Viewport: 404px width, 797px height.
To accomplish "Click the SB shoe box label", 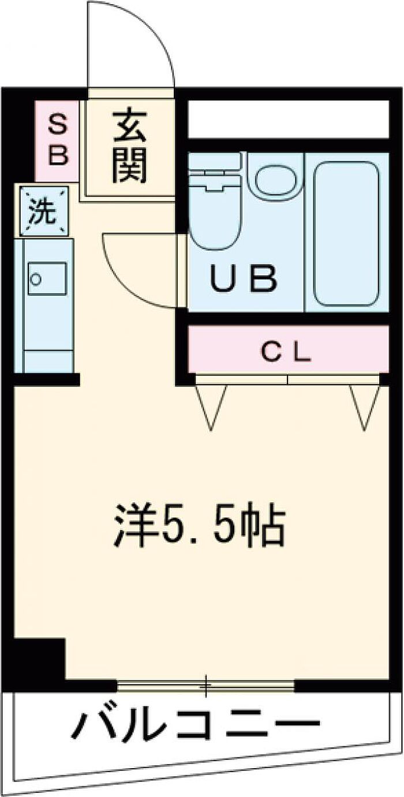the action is (x=57, y=140).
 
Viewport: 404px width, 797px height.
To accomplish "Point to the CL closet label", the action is (x=287, y=352).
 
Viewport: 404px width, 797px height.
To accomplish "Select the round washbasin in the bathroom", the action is (x=275, y=177).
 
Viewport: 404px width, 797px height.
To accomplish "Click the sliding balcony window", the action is (x=206, y=685).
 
